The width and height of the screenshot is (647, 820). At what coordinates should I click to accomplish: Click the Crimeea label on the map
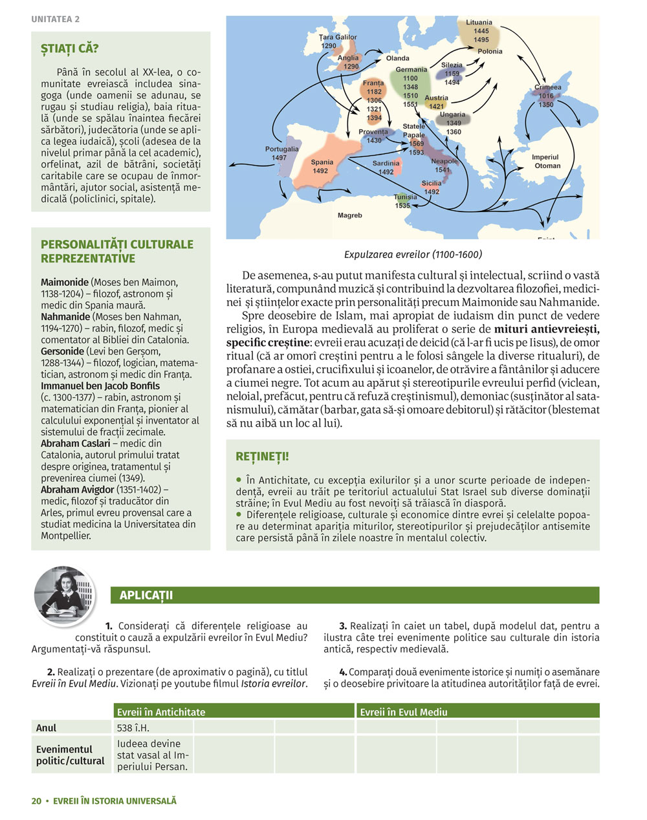tap(547, 87)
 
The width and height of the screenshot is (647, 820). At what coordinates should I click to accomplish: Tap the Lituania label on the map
tap(479, 23)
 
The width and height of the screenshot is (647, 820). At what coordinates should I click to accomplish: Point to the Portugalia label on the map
tap(281, 149)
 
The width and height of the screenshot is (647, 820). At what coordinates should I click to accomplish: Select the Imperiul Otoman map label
tap(546, 161)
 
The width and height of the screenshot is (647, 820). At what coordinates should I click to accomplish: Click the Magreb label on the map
tap(350, 215)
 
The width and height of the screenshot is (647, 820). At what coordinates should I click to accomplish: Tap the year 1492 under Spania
tap(321, 171)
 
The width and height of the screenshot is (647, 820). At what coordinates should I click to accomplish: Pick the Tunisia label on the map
tap(405, 197)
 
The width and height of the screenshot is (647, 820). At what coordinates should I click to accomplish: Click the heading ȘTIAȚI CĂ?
tap(70, 49)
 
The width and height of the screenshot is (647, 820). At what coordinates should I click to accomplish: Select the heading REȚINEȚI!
tap(262, 457)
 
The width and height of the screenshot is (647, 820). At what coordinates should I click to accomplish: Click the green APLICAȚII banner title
tap(146, 596)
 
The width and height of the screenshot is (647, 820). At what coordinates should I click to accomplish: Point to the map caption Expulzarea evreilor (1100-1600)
tap(413, 255)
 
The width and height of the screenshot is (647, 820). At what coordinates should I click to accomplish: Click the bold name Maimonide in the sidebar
tap(65, 283)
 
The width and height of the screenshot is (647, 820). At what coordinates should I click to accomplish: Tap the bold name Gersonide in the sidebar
tap(62, 351)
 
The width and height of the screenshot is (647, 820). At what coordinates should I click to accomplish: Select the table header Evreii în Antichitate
tap(161, 712)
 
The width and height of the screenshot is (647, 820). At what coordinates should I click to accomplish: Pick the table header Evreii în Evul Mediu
tap(404, 712)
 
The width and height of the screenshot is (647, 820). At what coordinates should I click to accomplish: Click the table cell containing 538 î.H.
tap(133, 728)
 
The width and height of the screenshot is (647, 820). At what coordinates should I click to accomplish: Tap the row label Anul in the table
tap(47, 728)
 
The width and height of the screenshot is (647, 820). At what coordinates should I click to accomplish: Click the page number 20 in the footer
tap(36, 801)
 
